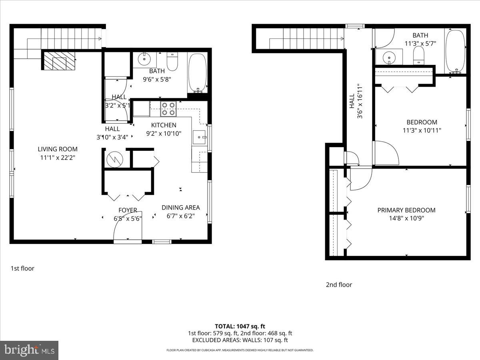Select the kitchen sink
(x=199, y=137)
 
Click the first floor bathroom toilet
(x=172, y=61)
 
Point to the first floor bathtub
(x=197, y=72)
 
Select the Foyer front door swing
(x=126, y=230)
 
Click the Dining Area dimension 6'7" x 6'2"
(x=180, y=216)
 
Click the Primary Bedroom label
(x=406, y=210)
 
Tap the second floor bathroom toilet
(x=418, y=55)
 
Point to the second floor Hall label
(x=352, y=101)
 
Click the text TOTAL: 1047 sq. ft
(x=240, y=326)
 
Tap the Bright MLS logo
(x=29, y=350)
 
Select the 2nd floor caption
(x=339, y=285)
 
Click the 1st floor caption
(x=22, y=268)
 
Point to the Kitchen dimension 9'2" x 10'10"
(x=163, y=133)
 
